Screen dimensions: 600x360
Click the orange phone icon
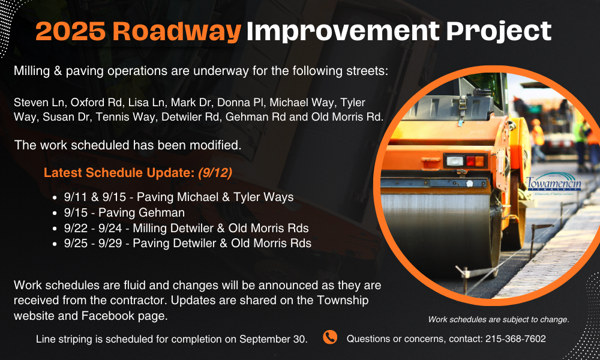(x=330, y=337)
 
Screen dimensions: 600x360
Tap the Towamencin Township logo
(x=554, y=184)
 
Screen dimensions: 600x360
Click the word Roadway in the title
(x=177, y=31)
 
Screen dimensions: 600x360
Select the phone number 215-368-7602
(x=515, y=338)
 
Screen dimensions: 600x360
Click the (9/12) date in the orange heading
(x=215, y=173)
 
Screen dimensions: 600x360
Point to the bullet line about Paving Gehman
(x=124, y=212)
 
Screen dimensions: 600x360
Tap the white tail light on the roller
(x=455, y=161)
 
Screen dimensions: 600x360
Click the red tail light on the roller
(x=470, y=161)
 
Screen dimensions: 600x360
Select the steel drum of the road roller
(x=436, y=230)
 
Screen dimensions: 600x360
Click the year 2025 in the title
(x=70, y=31)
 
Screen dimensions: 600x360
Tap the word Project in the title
(x=499, y=31)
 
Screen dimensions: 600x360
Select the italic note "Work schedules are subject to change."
(x=499, y=319)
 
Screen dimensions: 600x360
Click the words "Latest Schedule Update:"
(x=119, y=173)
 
